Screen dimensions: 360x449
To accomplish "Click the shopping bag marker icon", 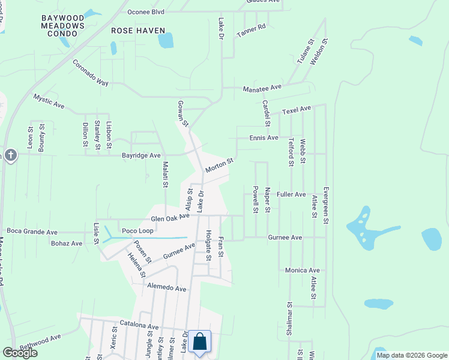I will tap(199, 343).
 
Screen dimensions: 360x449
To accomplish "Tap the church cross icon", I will tap(10, 156).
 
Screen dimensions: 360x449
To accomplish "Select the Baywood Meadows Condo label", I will tap(63, 26).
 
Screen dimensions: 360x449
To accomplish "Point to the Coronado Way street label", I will tap(90, 73).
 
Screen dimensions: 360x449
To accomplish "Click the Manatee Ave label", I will tap(262, 88).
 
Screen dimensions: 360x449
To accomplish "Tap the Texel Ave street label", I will tap(297, 109).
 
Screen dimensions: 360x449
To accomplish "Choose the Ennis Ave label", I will tap(264, 138).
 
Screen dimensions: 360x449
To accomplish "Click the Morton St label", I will tap(218, 165).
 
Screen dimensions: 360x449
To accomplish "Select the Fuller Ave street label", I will tap(291, 194).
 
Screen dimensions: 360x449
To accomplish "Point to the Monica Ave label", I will tap(302, 271).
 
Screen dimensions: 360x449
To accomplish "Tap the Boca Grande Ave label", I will tap(31, 231).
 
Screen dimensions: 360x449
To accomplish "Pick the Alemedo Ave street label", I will tap(167, 289).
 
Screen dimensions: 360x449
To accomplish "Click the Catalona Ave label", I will tap(139, 325).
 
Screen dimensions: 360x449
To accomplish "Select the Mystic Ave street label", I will tap(49, 100).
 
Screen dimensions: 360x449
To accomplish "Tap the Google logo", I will tap(20, 353).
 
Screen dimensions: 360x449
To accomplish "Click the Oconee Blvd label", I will tap(146, 12).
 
